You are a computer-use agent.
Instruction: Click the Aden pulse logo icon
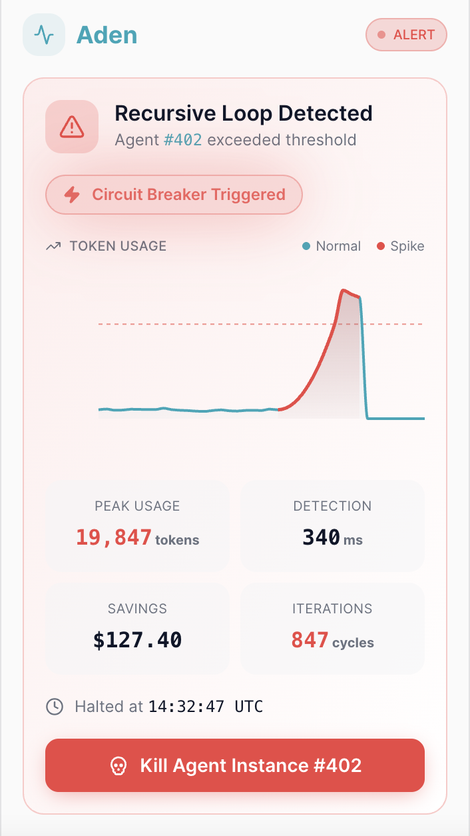coord(44,35)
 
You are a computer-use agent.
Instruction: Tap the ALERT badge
coord(406,35)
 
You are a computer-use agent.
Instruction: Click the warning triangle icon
coord(71,126)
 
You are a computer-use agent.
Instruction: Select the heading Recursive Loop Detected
coord(243,113)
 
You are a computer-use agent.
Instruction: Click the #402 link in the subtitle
coord(182,140)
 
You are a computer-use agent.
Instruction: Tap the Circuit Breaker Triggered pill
coord(174,195)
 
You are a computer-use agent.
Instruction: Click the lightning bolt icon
coord(71,195)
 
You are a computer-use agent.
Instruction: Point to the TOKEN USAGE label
coord(118,246)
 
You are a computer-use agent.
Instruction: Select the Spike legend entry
coord(400,246)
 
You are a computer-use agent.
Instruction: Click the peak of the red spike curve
coord(343,291)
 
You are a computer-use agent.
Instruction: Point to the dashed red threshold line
coord(200,324)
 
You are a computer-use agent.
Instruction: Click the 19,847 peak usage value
coord(113,537)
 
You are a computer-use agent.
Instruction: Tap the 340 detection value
coord(322,537)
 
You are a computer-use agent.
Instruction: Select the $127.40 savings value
coord(137,640)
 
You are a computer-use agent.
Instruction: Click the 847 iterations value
coord(310,640)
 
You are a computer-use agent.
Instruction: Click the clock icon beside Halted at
coord(55,706)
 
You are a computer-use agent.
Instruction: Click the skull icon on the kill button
coord(118,765)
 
